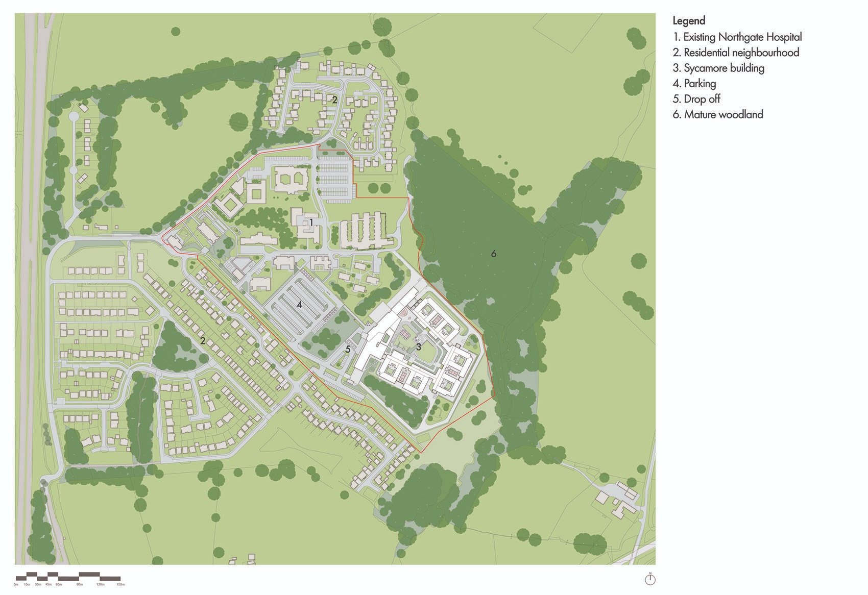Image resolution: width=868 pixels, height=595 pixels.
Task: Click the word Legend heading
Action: (x=689, y=21)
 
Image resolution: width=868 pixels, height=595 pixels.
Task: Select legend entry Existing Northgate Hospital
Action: (x=737, y=37)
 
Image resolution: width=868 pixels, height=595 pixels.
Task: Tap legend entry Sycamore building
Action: (x=718, y=68)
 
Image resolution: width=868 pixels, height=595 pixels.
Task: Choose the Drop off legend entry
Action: (x=696, y=99)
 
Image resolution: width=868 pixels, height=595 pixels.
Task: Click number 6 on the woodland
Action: (x=493, y=254)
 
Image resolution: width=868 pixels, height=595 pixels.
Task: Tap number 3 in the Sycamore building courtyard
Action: (x=418, y=346)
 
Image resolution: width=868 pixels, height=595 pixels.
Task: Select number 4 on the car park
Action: (x=300, y=305)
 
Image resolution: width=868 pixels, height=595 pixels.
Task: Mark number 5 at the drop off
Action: (x=348, y=350)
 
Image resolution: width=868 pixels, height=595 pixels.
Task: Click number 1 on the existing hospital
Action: (x=311, y=222)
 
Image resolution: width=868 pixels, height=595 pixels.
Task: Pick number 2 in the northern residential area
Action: (x=334, y=100)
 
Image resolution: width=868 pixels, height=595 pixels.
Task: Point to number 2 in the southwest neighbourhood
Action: (x=203, y=340)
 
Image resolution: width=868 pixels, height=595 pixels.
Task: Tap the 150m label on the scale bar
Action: (x=120, y=584)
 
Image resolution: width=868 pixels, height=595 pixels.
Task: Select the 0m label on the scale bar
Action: (x=16, y=584)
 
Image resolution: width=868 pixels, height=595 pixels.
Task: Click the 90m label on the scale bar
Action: (x=79, y=584)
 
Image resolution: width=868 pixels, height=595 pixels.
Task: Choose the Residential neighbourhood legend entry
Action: (x=735, y=53)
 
